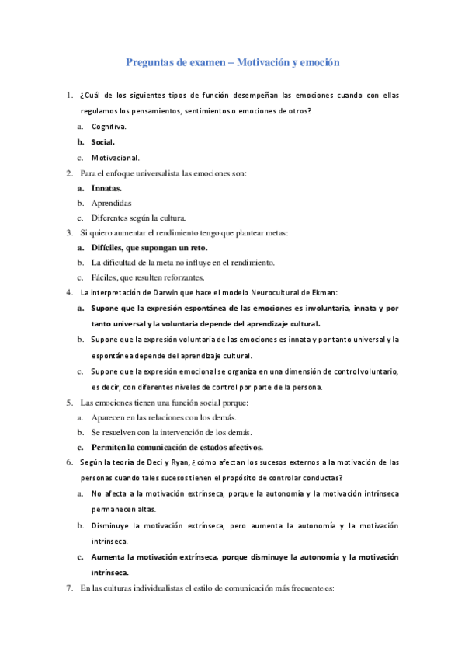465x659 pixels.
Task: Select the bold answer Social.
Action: coord(102,141)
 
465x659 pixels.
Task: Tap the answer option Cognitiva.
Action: coord(109,126)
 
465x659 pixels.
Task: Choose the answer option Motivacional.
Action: coord(115,157)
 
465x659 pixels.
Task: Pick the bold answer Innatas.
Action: coord(106,188)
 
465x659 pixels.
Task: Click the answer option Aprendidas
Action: coord(111,203)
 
